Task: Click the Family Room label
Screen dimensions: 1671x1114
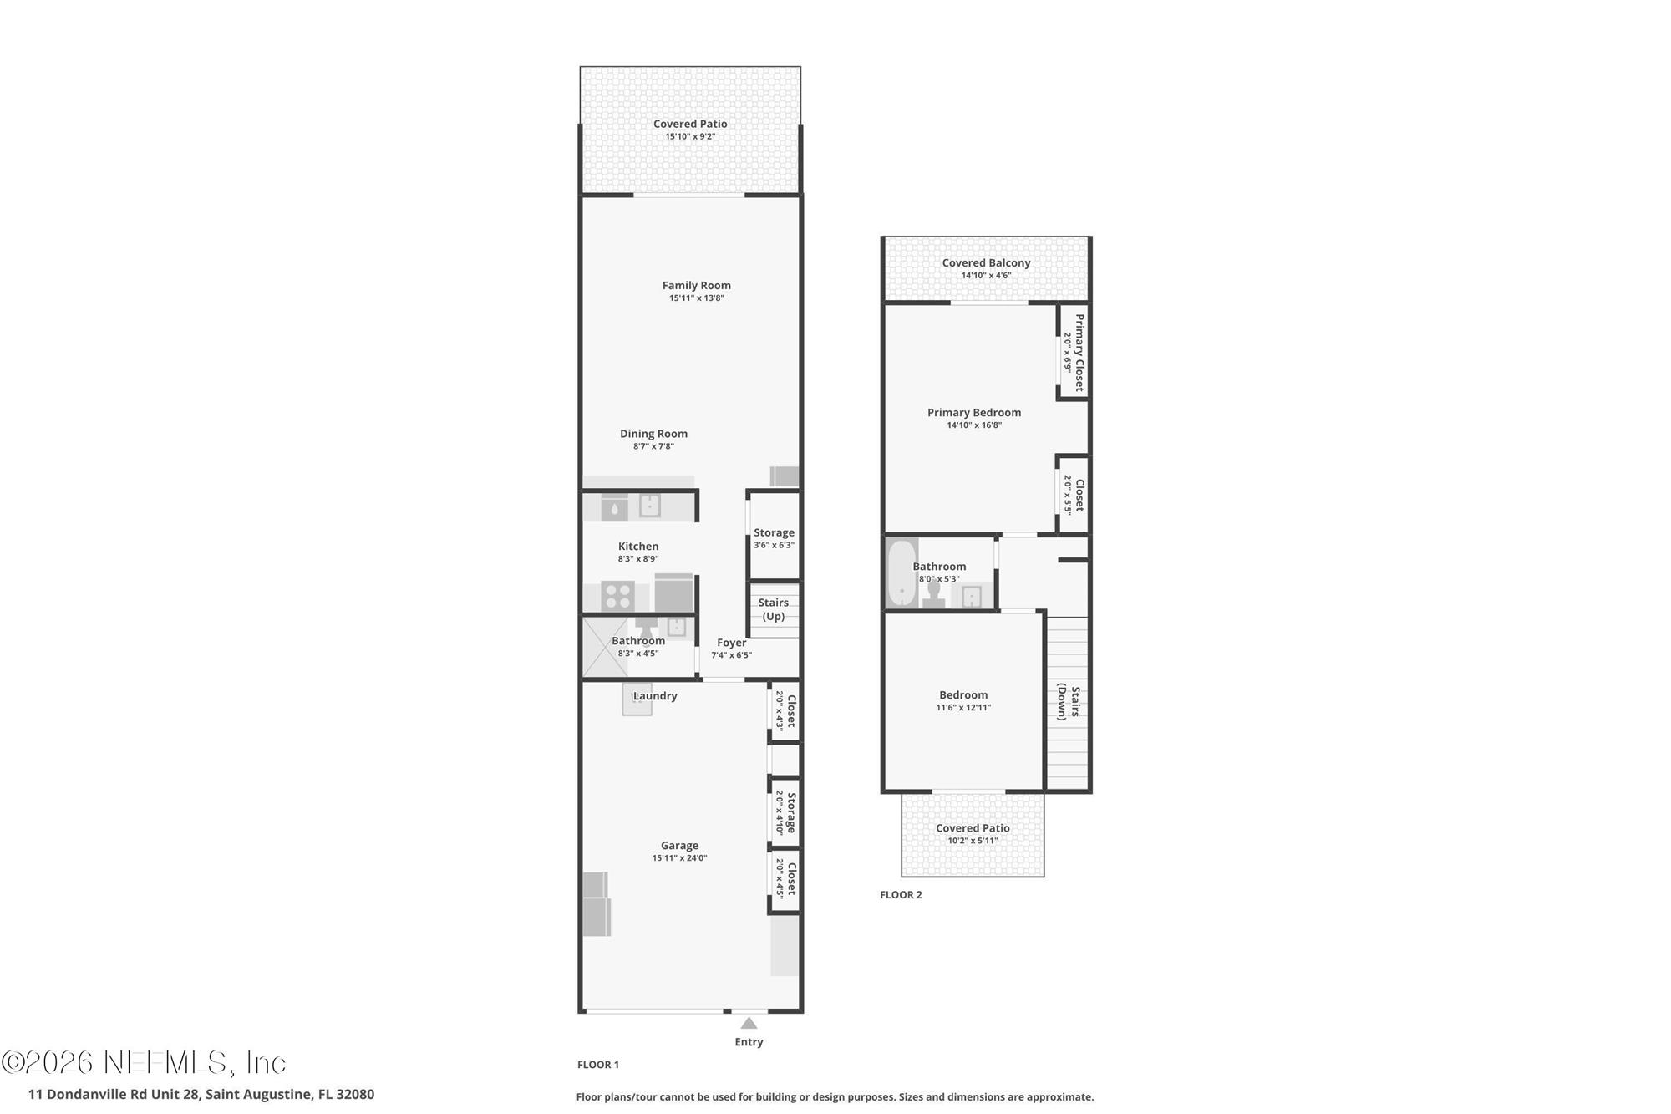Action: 696,286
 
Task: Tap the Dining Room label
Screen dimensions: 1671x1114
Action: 653,434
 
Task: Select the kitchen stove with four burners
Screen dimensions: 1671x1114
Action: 617,597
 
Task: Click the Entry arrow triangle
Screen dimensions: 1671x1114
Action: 749,1023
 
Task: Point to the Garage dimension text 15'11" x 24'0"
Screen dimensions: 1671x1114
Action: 679,858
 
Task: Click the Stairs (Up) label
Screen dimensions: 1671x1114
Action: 773,609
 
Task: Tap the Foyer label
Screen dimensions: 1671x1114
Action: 731,643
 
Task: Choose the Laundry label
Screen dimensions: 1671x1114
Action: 655,696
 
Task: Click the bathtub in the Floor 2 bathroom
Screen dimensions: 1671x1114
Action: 901,573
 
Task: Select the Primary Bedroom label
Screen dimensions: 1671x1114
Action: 974,413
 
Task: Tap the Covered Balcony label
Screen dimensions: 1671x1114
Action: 986,263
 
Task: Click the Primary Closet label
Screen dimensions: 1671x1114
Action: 1079,353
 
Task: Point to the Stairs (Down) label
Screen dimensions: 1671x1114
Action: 1069,702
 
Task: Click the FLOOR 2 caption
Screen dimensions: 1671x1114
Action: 901,895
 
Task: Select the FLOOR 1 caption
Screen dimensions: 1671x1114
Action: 598,1065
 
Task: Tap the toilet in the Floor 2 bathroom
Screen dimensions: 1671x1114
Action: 933,593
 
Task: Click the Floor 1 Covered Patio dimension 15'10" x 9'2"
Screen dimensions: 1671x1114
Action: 690,137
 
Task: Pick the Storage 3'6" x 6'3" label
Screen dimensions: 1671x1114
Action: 774,538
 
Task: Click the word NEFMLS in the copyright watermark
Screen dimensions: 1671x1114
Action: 165,1063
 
